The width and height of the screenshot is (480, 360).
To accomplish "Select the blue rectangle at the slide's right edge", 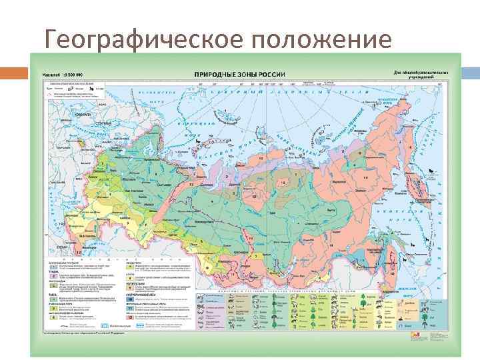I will tap(466, 71).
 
